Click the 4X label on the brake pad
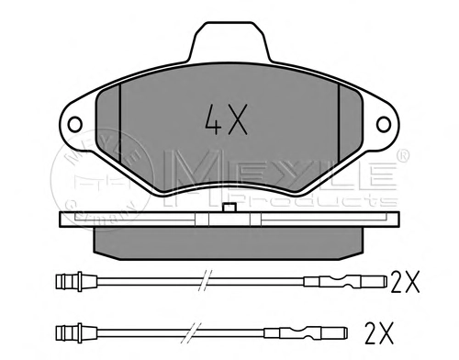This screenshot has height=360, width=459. tap(226, 119)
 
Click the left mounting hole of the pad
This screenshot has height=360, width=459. tap(75, 125)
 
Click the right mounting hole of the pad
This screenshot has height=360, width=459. tap(384, 125)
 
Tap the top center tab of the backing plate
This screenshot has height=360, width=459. tap(229, 41)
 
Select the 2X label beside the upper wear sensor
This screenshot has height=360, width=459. tap(405, 282)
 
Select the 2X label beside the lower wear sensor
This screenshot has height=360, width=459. tap(379, 332)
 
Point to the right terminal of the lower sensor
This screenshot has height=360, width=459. tap(306, 332)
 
